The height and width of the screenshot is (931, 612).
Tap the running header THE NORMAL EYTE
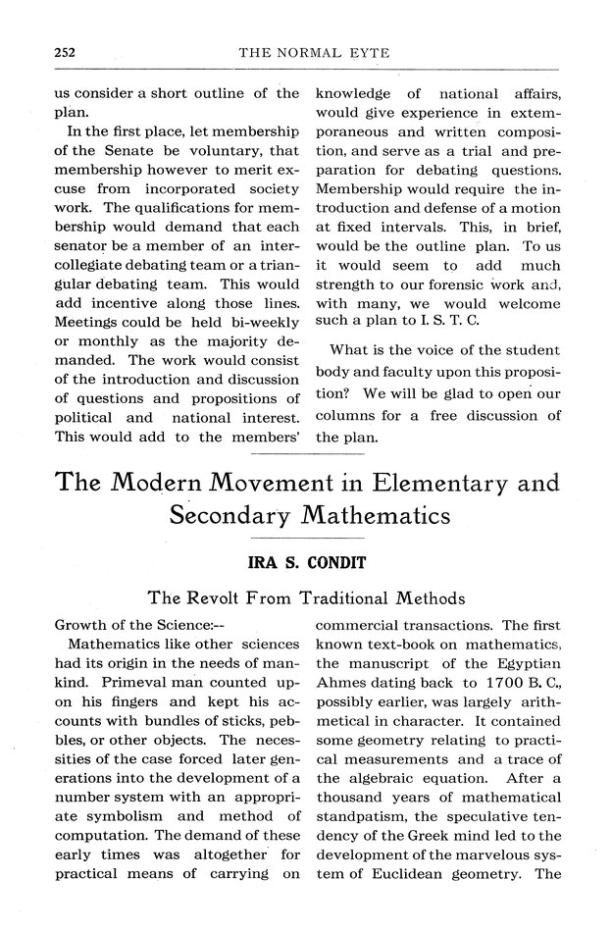point(314,52)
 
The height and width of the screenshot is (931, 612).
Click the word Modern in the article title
point(162,484)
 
